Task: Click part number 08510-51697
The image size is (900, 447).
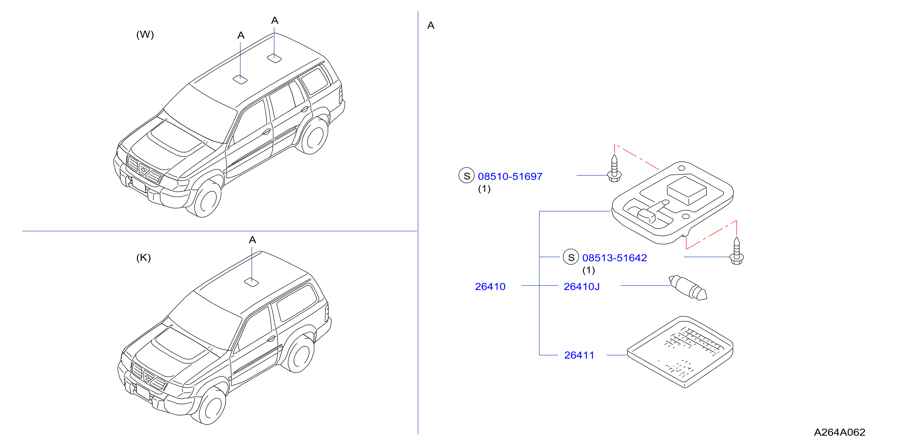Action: coord(510,176)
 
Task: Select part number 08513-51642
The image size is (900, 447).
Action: coord(615,258)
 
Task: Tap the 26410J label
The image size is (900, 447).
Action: coord(581,286)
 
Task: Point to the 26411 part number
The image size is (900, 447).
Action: coord(579,355)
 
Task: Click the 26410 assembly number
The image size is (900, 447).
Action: coord(490,286)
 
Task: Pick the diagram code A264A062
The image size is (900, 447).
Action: coord(839,432)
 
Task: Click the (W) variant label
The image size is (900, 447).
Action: coord(145,35)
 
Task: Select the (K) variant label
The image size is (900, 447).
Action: coord(143,258)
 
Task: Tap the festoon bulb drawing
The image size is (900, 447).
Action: coord(688,288)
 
